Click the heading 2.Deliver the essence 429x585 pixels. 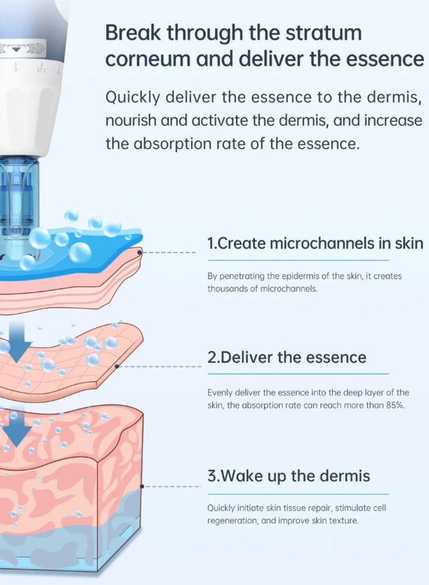pos(287,357)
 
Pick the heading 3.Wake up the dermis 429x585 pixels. pos(289,476)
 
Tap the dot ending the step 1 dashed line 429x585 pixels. pos(140,251)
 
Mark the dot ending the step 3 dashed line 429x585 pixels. pos(142,486)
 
